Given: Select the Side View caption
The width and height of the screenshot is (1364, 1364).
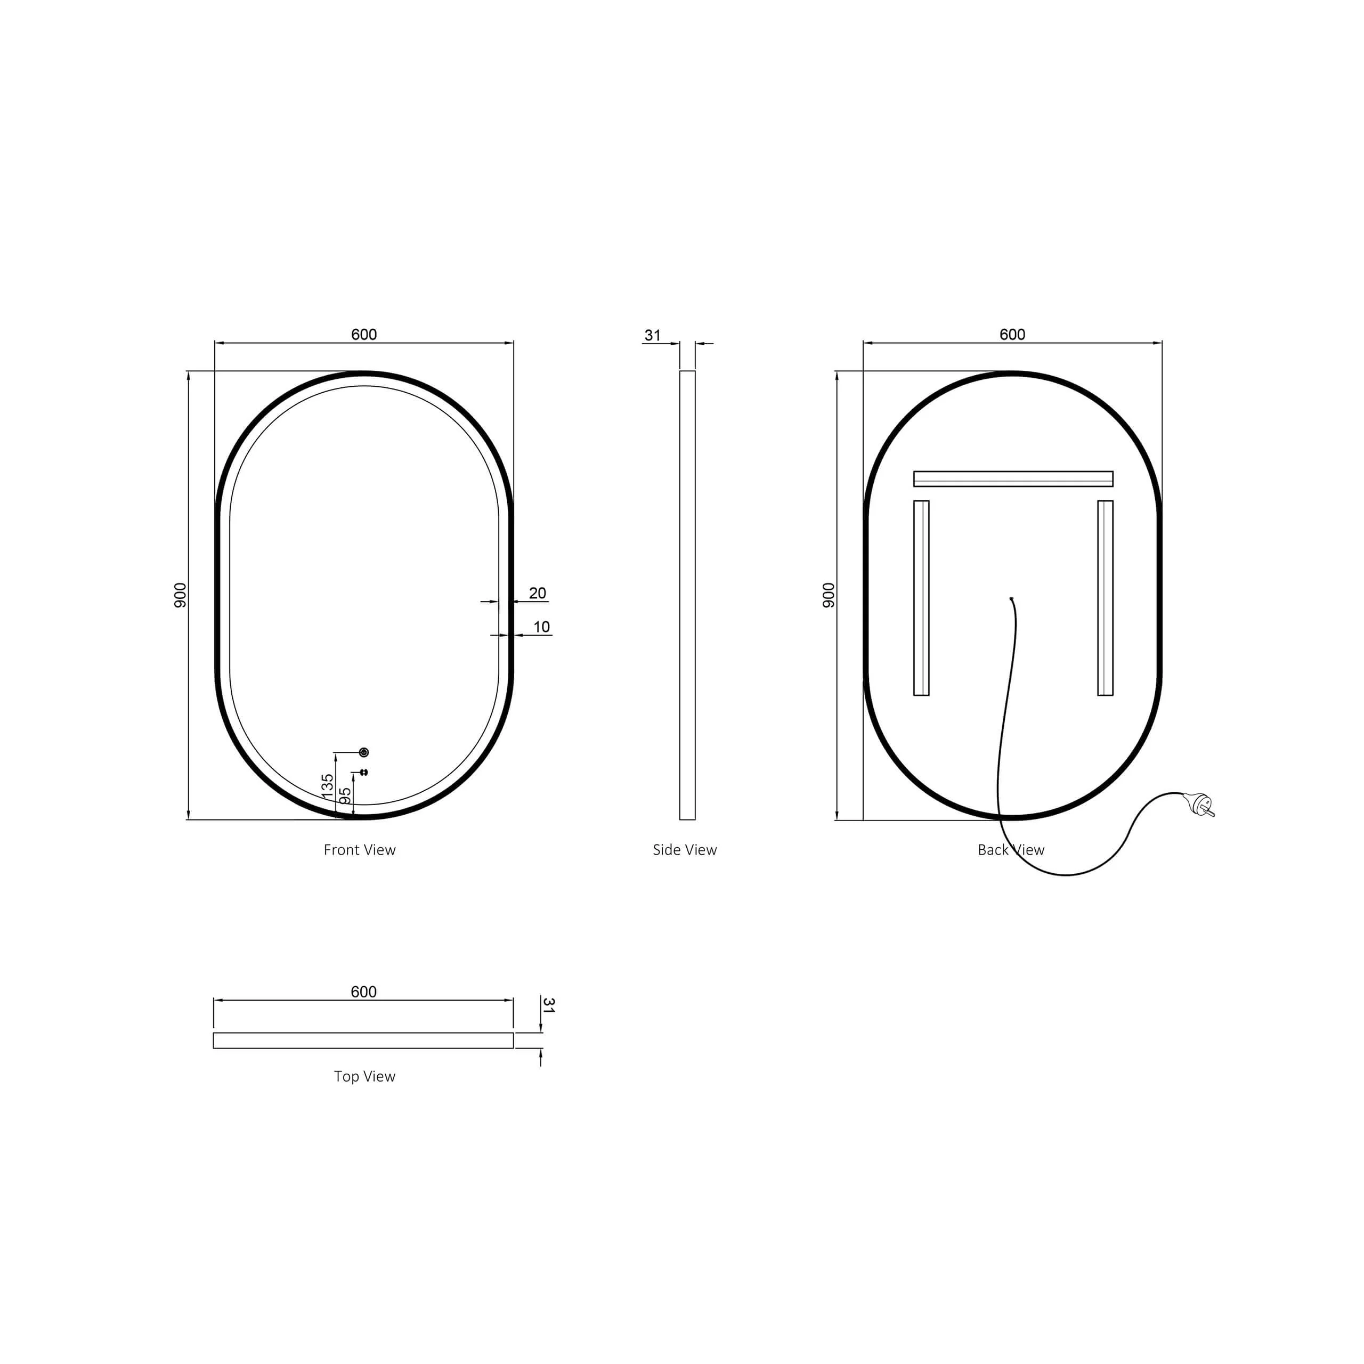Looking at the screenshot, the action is [x=685, y=850].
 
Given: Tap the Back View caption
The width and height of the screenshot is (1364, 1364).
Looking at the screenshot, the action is [x=1011, y=850].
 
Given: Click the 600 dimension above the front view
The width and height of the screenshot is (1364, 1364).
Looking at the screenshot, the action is [x=364, y=335].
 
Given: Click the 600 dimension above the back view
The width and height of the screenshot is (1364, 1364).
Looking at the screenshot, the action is [x=1012, y=335].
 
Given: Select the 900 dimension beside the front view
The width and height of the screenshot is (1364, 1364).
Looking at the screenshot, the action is [x=181, y=595].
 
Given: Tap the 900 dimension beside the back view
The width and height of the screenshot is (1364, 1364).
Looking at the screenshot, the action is [x=829, y=595].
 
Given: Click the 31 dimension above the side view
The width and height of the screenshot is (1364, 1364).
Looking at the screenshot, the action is [x=653, y=335].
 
